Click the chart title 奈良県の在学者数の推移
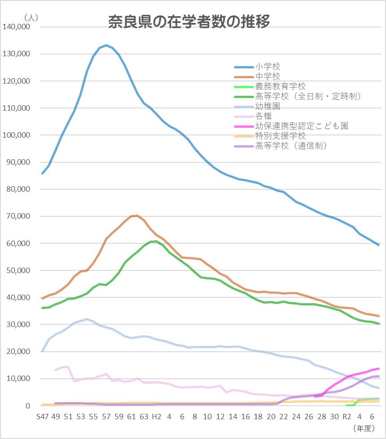(189, 22)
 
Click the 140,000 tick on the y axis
(16, 27)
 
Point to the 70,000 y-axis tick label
(18, 216)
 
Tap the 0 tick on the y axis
(27, 406)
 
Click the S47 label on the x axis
(43, 417)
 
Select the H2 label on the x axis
(157, 417)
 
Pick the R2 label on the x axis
(347, 417)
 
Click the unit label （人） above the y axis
(31, 18)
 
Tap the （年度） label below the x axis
(364, 428)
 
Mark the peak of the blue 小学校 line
(106, 45)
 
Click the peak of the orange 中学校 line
(137, 215)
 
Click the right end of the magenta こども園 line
(378, 368)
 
